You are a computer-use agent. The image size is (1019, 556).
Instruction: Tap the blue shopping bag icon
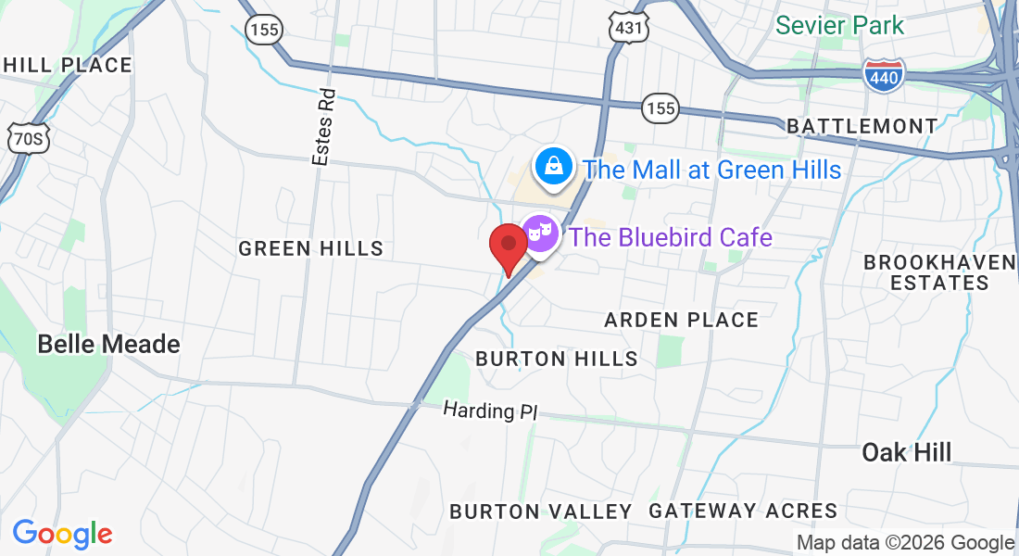[553, 167]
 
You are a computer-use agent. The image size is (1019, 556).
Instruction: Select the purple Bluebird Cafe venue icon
[540, 233]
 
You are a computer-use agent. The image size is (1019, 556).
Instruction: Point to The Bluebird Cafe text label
[671, 237]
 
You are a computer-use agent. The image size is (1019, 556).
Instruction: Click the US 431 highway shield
[627, 29]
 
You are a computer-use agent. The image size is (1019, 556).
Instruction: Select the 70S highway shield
[27, 139]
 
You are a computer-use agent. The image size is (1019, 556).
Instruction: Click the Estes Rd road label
[322, 129]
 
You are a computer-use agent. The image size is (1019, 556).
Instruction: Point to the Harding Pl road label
[489, 410]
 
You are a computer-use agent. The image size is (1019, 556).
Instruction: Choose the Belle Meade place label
[108, 344]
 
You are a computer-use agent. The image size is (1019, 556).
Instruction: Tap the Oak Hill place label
[906, 452]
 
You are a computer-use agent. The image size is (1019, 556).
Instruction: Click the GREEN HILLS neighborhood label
[310, 248]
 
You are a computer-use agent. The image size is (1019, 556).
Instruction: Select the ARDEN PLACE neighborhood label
[681, 320]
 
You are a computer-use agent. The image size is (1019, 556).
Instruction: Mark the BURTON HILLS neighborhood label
[556, 359]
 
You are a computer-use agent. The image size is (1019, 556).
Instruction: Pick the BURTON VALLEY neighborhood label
[540, 511]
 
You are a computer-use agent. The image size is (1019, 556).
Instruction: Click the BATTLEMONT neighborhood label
[862, 126]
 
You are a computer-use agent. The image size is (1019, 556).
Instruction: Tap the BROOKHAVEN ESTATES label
[939, 272]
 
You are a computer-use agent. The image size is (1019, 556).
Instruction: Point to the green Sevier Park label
[839, 25]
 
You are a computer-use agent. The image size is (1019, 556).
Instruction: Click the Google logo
[62, 534]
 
